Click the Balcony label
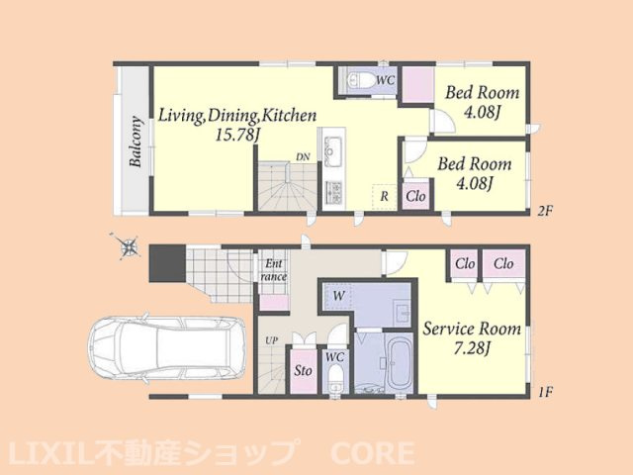pos(136,142)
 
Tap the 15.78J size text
pos(237,135)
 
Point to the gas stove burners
pos(334,193)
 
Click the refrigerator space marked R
pos(385,197)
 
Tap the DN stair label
pos(303,157)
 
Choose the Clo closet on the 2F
pos(416,196)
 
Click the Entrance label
pos(274,270)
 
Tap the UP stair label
pos(271,340)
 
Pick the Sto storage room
pos(304,370)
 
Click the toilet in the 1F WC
pos(335,378)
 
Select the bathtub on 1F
pos(398,363)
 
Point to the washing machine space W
pos(339,296)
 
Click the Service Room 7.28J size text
pos(472,348)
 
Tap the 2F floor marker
pos(545,211)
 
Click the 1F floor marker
pos(545,392)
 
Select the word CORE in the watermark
pos(372,453)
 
